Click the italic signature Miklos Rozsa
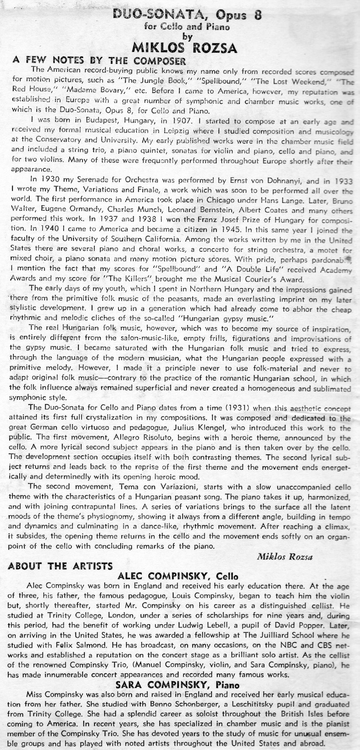point(285,557)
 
